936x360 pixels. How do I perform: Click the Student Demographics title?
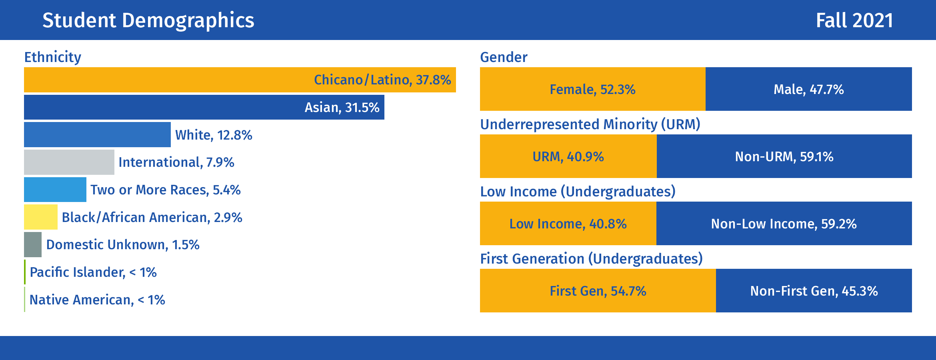click(148, 20)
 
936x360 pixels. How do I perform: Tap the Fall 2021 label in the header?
click(854, 20)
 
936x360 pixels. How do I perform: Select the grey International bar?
click(69, 162)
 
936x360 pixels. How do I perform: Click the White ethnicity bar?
click(97, 134)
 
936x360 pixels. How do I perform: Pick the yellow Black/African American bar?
click(41, 217)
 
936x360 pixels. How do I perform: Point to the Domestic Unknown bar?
click(33, 244)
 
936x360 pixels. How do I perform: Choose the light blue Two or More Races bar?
click(55, 190)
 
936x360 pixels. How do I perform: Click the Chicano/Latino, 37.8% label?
click(382, 80)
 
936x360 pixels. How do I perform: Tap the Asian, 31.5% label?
click(342, 107)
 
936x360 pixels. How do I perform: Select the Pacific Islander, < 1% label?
click(93, 272)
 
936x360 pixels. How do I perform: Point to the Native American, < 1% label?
click(97, 300)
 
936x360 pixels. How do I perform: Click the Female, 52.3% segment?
click(593, 89)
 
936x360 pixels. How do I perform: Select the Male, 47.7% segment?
click(809, 89)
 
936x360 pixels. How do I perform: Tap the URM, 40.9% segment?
click(568, 156)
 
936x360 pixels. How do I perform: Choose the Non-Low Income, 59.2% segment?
click(784, 223)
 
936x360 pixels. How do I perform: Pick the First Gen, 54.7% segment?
click(598, 290)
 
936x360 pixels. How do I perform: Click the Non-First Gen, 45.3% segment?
click(814, 290)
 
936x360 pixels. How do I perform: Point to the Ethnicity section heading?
click(53, 57)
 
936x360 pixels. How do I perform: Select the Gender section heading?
click(504, 57)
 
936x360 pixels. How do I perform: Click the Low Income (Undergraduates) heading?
click(578, 192)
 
